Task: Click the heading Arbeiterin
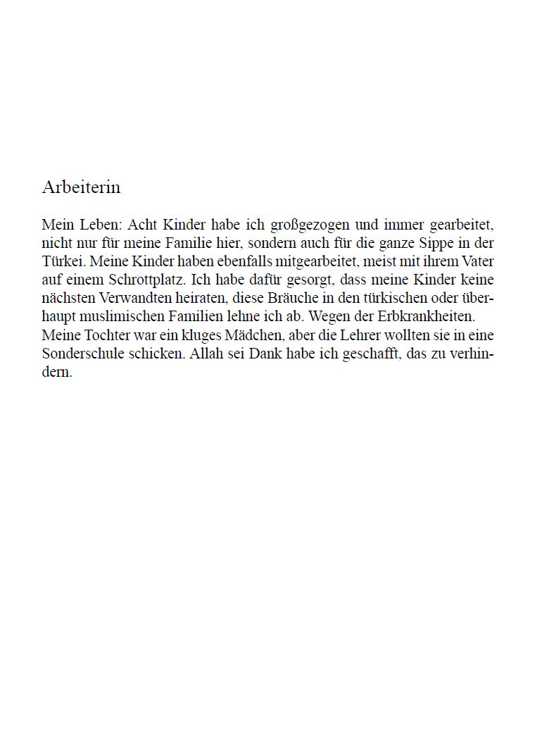pos(81,187)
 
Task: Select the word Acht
pos(143,225)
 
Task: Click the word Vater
pos(479,260)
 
